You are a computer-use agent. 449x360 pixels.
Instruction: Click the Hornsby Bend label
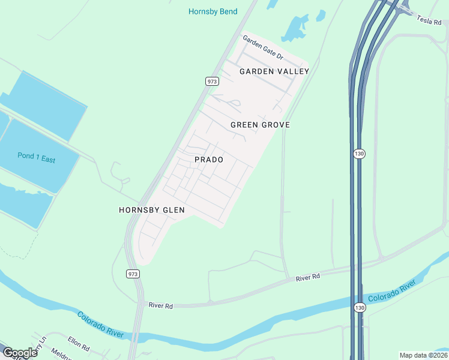[212, 11]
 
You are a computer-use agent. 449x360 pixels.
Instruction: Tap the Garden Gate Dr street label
[262, 47]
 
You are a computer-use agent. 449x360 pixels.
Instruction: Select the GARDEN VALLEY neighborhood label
[274, 71]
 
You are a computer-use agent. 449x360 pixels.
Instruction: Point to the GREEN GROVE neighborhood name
[260, 125]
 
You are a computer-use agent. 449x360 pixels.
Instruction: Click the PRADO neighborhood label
[209, 160]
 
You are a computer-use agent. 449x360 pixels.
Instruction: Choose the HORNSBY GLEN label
[151, 210]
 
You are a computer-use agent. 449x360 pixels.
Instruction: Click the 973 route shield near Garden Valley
[211, 81]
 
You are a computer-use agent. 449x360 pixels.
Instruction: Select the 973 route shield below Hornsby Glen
[133, 274]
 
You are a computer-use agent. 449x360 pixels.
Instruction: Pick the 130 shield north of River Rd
[359, 154]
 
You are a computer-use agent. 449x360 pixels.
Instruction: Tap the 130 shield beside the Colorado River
[359, 307]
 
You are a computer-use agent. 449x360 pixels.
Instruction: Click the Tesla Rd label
[429, 19]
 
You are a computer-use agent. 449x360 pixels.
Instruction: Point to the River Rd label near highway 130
[308, 277]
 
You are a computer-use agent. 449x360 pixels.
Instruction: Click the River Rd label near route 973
[160, 306]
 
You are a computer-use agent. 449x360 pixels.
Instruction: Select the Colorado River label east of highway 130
[392, 290]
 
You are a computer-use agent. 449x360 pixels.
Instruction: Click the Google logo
[20, 352]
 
